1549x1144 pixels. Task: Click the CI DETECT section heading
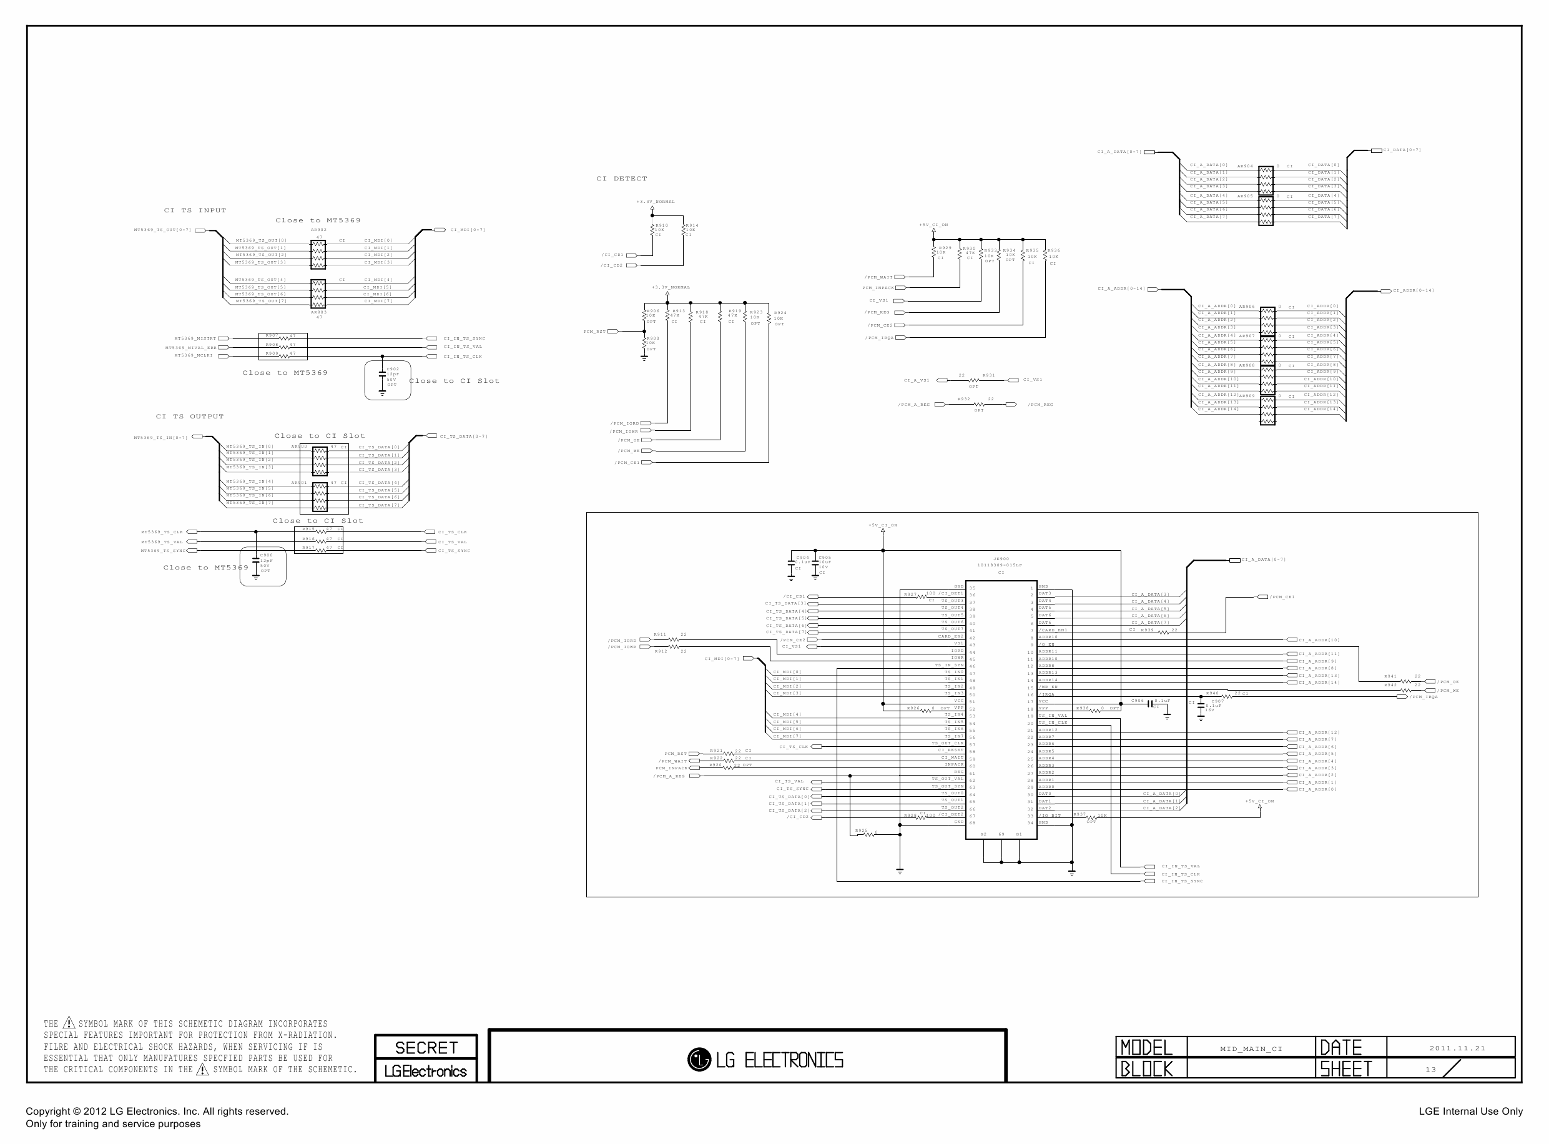click(x=621, y=179)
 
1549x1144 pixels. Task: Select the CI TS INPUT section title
click(x=195, y=210)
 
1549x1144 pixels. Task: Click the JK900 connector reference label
click(x=1001, y=559)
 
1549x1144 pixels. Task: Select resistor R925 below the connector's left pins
click(x=866, y=834)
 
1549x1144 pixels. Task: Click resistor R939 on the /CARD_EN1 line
click(x=1163, y=632)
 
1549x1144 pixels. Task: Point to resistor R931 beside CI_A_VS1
click(x=973, y=380)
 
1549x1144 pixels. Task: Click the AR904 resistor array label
click(x=1245, y=166)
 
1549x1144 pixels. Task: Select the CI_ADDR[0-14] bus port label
click(x=1413, y=291)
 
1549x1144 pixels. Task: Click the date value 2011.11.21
click(x=1457, y=1048)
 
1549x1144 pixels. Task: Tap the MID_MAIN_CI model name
click(x=1251, y=1048)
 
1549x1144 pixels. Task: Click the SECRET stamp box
click(x=426, y=1047)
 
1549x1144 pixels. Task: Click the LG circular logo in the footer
click(x=699, y=1059)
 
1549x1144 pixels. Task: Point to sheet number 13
click(x=1430, y=1069)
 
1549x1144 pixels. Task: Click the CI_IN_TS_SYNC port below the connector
click(x=1181, y=881)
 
